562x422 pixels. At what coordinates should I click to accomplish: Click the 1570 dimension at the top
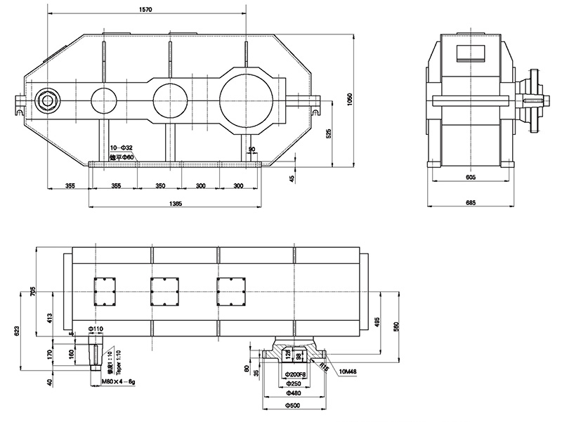[x=146, y=11]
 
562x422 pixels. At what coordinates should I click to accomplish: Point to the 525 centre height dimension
[x=329, y=135]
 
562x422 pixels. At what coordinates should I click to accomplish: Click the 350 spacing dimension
[x=159, y=185]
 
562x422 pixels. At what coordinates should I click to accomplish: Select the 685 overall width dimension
[x=470, y=203]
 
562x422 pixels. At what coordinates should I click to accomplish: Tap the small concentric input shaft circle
[x=48, y=100]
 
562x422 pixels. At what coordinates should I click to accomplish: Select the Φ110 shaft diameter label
[x=96, y=328]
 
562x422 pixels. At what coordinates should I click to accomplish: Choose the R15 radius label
[x=324, y=366]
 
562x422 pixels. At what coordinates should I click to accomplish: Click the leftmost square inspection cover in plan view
[x=105, y=290]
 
